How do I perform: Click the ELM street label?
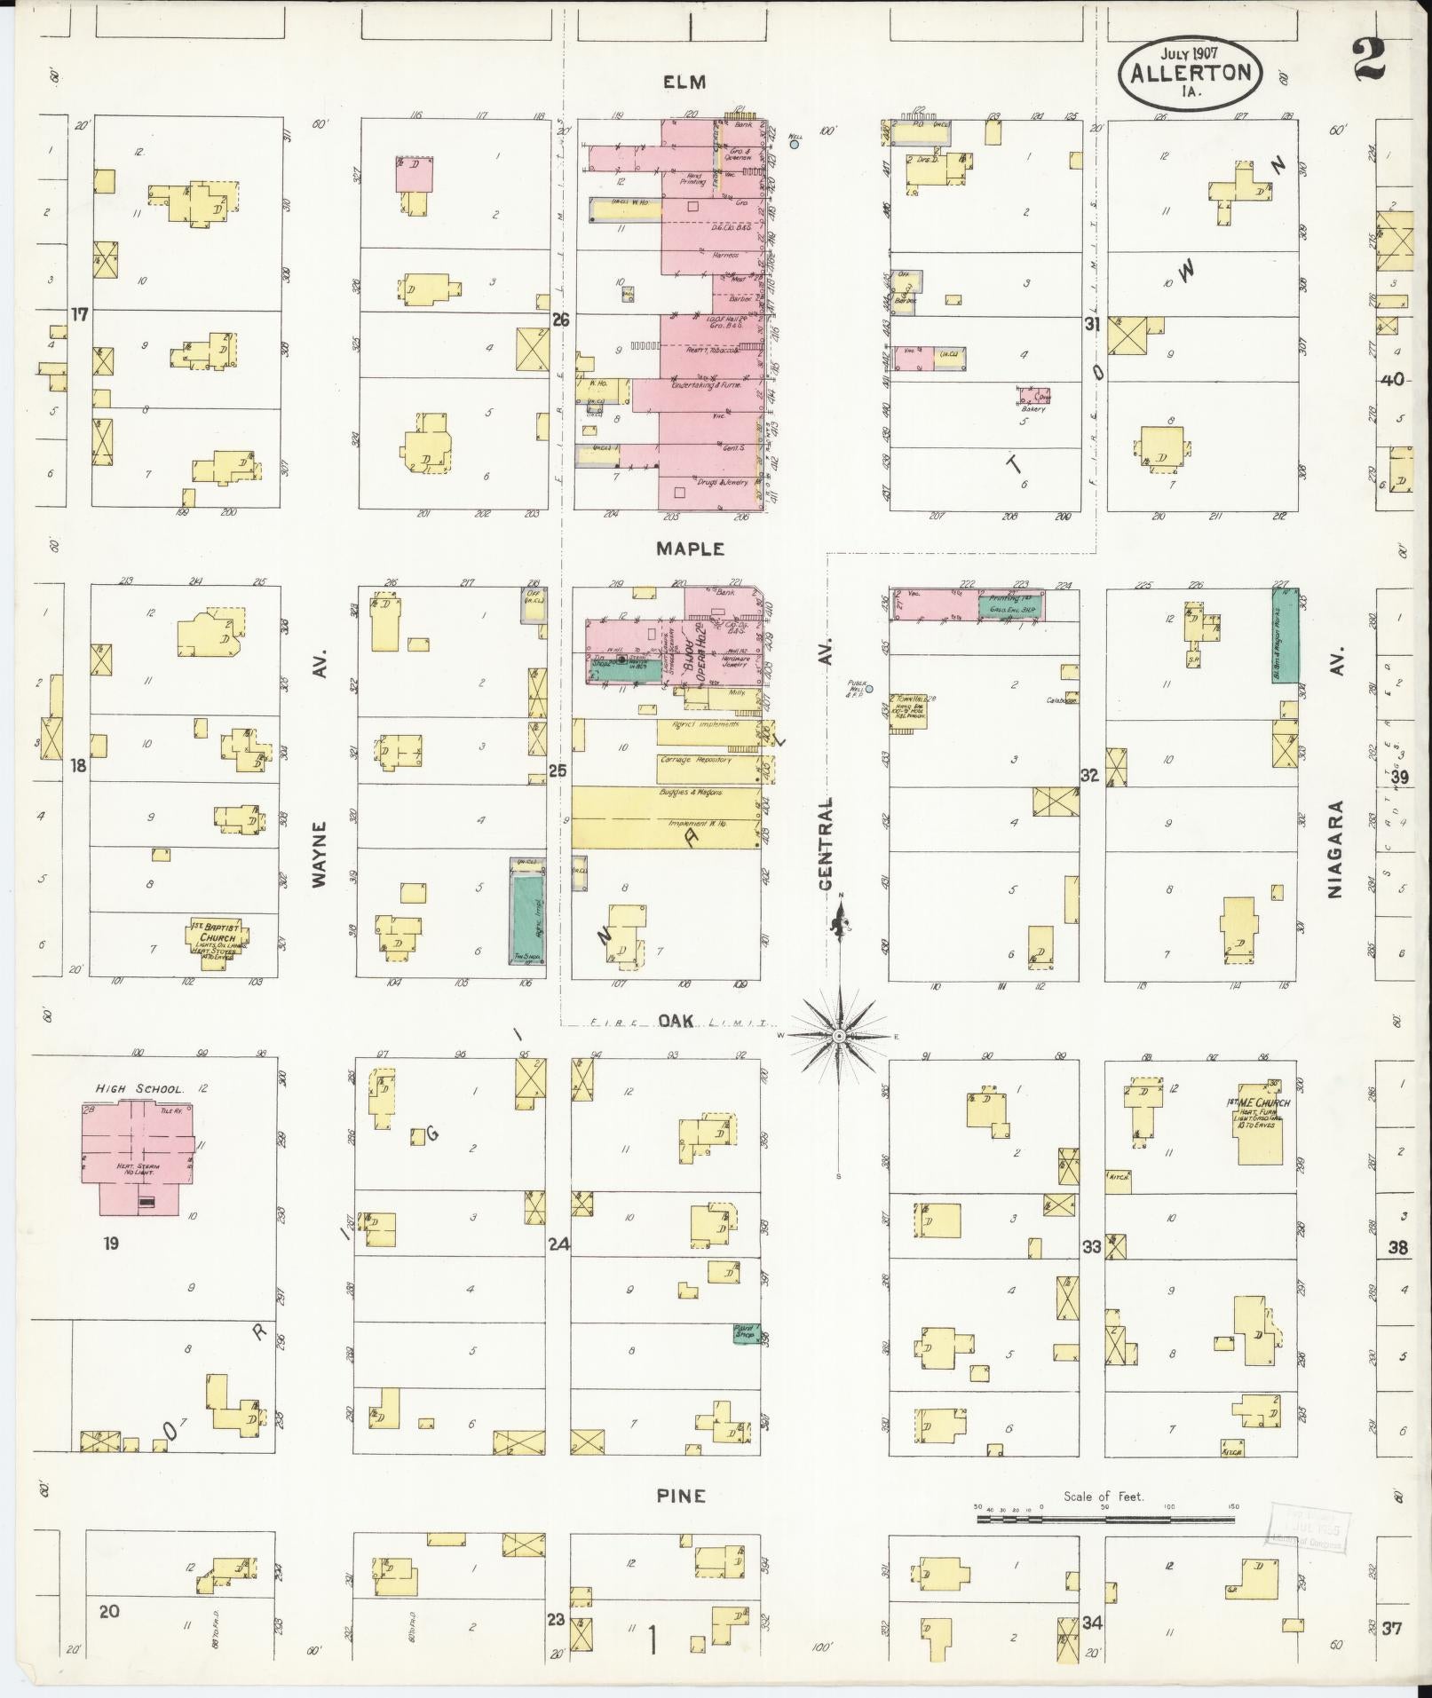(x=684, y=83)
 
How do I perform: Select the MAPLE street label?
(x=690, y=549)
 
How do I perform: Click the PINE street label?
(x=681, y=1496)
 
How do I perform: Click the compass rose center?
(x=839, y=1036)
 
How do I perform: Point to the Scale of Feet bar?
(x=1105, y=1519)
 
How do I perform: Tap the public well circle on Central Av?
(x=869, y=689)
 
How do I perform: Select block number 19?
(x=110, y=1243)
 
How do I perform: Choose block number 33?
(x=1091, y=1246)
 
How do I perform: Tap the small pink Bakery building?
(x=1033, y=394)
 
